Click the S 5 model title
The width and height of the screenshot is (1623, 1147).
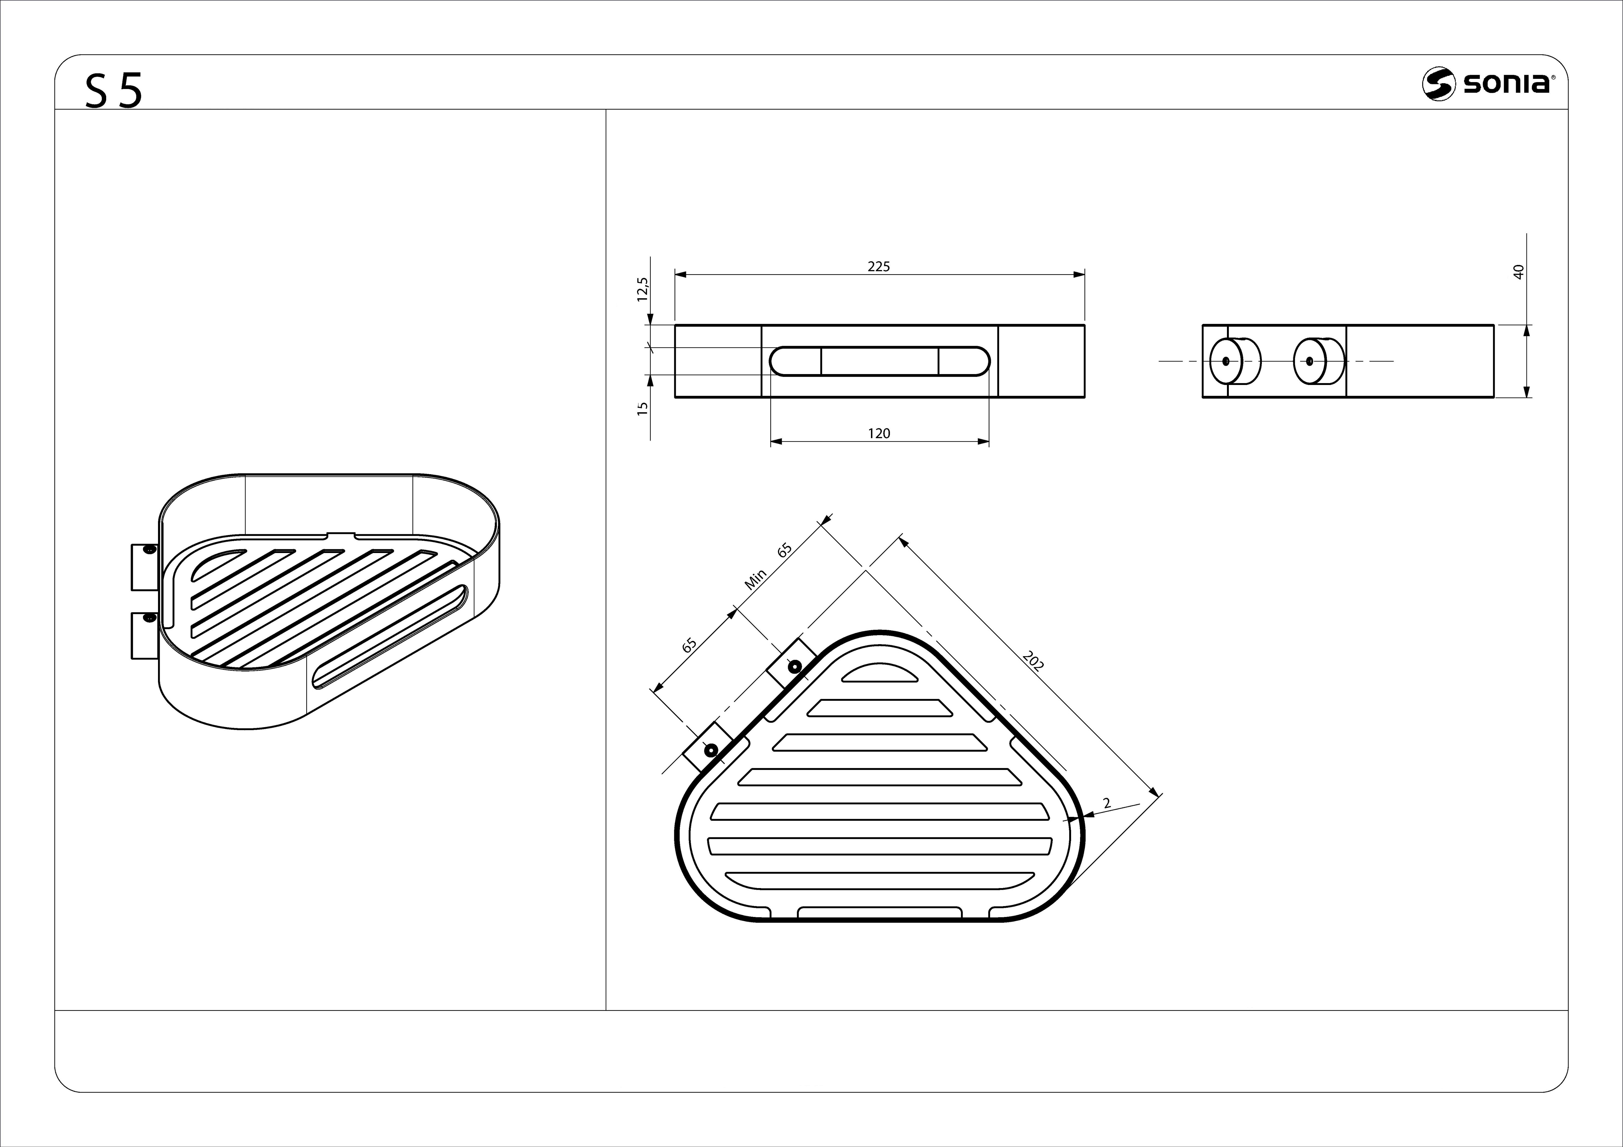pos(114,91)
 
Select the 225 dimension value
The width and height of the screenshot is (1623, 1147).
pos(879,267)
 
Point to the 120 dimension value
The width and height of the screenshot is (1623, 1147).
pos(879,433)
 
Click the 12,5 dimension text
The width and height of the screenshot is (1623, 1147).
pos(642,289)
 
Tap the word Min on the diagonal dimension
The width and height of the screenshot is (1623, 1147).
pos(755,580)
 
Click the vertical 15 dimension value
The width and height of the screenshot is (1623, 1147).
pos(642,408)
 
